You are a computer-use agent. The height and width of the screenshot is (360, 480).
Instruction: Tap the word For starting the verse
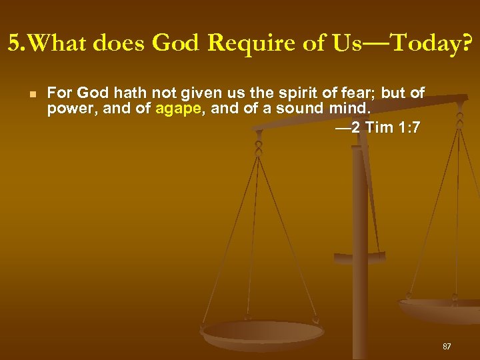point(60,93)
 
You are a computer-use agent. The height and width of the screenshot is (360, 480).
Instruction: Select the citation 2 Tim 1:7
point(385,127)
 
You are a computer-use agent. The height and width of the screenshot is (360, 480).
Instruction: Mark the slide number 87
point(447,347)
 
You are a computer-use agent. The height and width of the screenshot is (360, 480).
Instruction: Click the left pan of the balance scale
point(263,333)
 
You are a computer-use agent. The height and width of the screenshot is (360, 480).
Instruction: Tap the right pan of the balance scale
point(440,308)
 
